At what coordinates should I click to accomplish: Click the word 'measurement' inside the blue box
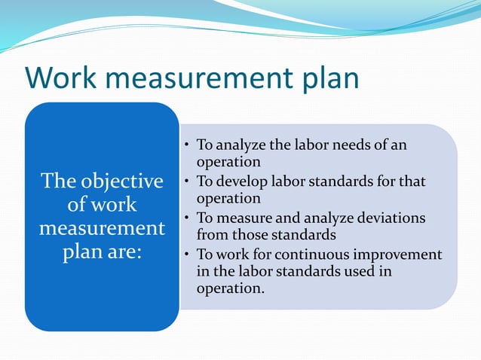pyautogui.click(x=102, y=227)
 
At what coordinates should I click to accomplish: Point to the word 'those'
pyautogui.click(x=250, y=234)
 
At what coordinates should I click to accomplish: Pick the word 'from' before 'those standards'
pyautogui.click(x=212, y=234)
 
